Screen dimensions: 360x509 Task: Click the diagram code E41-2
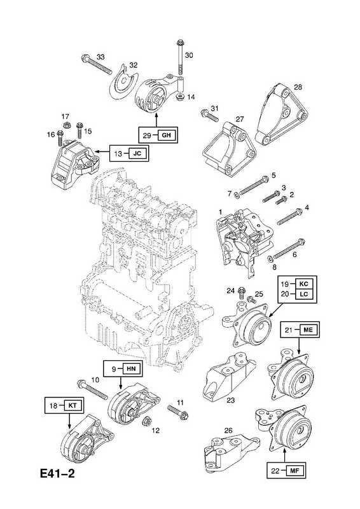(x=57, y=474)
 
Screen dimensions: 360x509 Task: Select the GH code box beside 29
(x=166, y=135)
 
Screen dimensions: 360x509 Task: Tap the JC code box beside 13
(x=137, y=153)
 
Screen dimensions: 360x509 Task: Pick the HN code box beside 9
(x=131, y=369)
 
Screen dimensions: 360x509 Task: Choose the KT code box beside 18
(x=73, y=406)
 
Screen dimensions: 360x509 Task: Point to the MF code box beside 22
(x=294, y=470)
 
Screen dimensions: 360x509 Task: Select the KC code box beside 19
(x=303, y=284)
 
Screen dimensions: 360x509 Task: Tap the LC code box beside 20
(x=303, y=294)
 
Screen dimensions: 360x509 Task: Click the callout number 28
(x=298, y=87)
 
